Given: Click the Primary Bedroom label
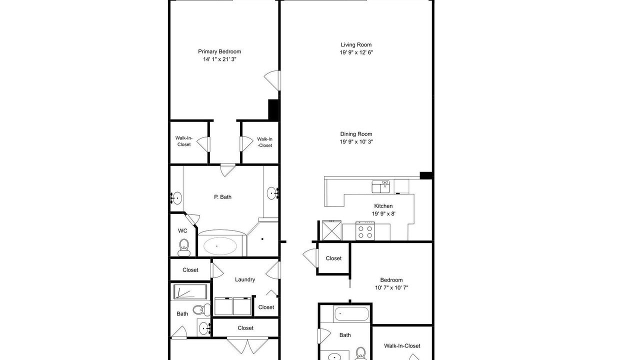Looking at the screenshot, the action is pyautogui.click(x=219, y=51).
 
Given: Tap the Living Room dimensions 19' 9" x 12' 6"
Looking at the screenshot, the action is pyautogui.click(x=356, y=52).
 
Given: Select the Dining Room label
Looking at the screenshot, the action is pyautogui.click(x=356, y=134).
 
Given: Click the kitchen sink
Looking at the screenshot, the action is pyautogui.click(x=380, y=186).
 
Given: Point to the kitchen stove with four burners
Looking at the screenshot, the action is pyautogui.click(x=365, y=231).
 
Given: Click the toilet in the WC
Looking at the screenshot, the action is pyautogui.click(x=184, y=247).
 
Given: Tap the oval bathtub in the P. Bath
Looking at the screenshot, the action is pyautogui.click(x=219, y=245).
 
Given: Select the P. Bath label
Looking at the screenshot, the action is pyautogui.click(x=222, y=197).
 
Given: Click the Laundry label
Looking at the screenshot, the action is pyautogui.click(x=245, y=279).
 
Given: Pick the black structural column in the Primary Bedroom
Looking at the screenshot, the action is pyautogui.click(x=273, y=109).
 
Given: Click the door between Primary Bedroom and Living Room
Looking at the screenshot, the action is pyautogui.click(x=272, y=80).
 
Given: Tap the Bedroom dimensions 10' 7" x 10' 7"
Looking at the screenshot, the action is pyautogui.click(x=391, y=287).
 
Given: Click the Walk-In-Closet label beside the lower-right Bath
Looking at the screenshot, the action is pyautogui.click(x=402, y=346).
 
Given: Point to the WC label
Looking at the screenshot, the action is pyautogui.click(x=182, y=231).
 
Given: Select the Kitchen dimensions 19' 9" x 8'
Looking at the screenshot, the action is pyautogui.click(x=383, y=213).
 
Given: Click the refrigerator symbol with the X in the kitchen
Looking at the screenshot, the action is pyautogui.click(x=331, y=230).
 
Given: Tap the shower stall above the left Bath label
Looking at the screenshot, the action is pyautogui.click(x=190, y=291).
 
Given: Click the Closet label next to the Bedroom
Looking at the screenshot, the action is pyautogui.click(x=333, y=258).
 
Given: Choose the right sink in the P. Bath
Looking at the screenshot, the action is pyautogui.click(x=273, y=193).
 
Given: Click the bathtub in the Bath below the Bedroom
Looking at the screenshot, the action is pyautogui.click(x=351, y=314).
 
